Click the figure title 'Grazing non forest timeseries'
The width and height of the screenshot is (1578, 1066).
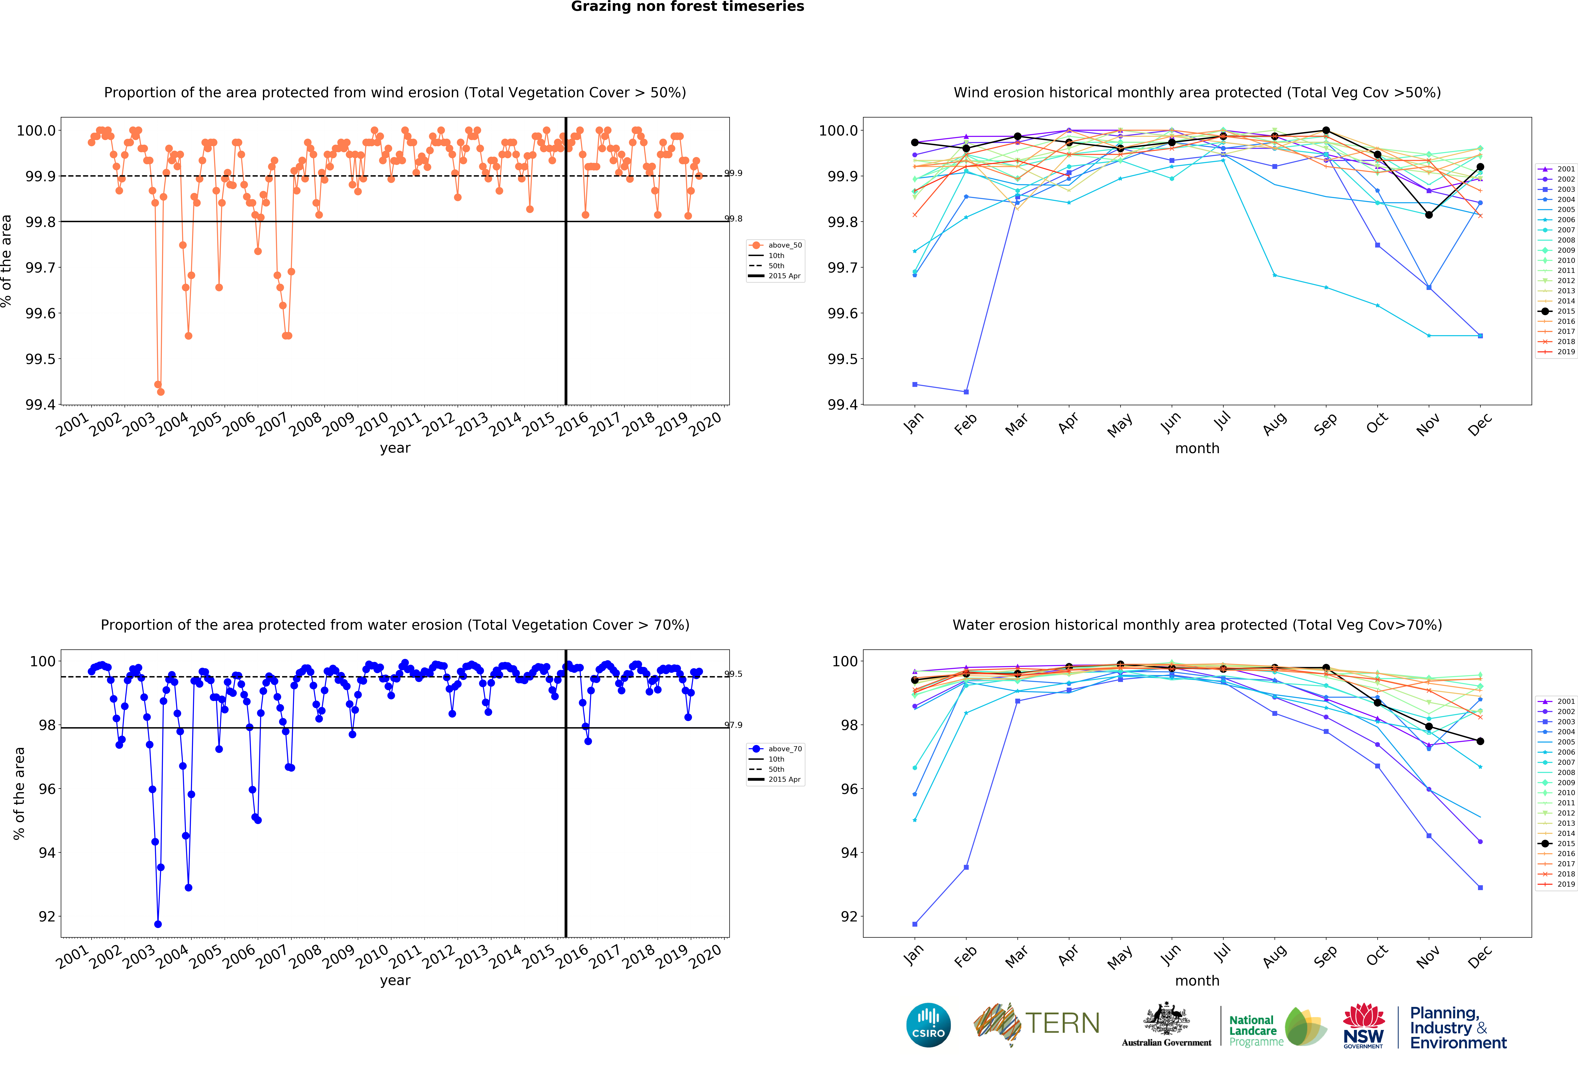click(x=687, y=7)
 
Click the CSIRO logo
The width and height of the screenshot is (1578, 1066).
click(x=928, y=1025)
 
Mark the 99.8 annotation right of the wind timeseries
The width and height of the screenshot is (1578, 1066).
click(x=733, y=219)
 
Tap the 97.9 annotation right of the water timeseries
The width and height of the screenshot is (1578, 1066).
click(x=733, y=725)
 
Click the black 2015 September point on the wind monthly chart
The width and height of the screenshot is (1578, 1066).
click(x=1326, y=130)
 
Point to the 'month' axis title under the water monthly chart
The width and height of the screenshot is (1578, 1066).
click(x=1197, y=980)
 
